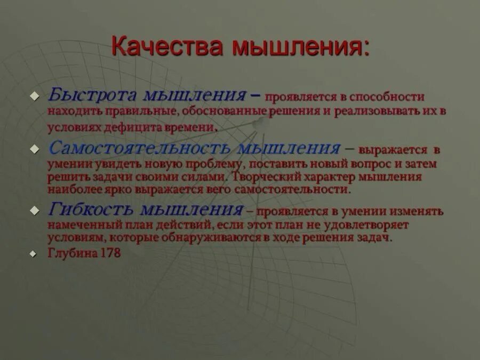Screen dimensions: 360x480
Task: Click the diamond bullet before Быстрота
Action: (x=35, y=97)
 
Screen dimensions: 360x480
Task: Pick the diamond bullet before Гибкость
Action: (x=35, y=209)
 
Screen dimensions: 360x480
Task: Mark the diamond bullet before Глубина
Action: (x=35, y=254)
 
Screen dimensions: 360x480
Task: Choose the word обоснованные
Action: (x=224, y=112)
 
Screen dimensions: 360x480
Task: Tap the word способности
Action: (x=386, y=97)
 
